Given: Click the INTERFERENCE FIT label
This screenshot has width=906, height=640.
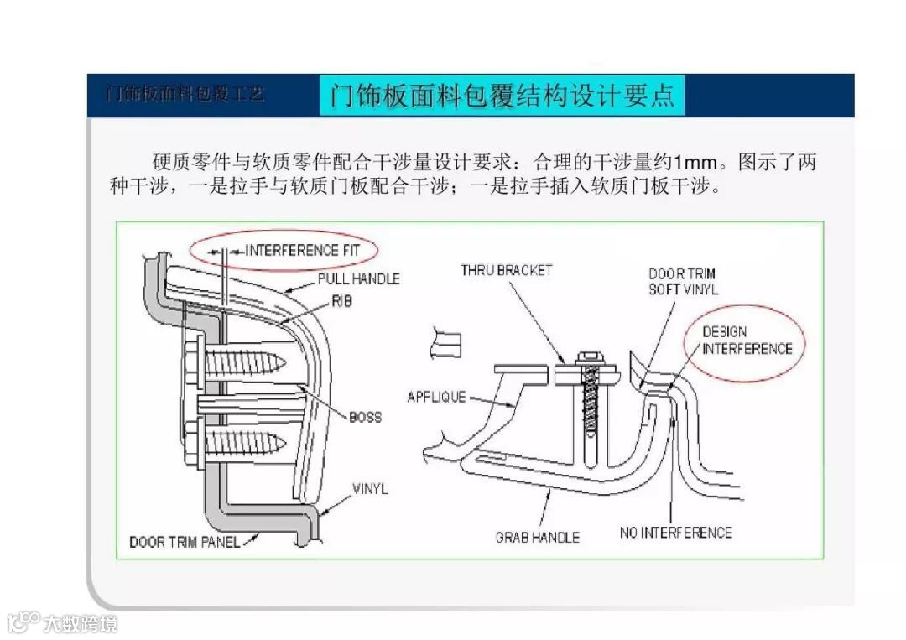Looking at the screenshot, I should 303,250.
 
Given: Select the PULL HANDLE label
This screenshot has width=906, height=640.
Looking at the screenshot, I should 358,278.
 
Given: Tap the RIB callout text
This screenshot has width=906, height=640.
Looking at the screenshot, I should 341,301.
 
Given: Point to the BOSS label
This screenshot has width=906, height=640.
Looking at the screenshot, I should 365,417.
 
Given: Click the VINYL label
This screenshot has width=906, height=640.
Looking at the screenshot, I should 370,488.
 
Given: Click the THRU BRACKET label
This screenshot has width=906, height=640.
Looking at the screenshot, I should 506,270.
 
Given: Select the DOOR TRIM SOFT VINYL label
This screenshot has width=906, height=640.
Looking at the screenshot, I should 683,282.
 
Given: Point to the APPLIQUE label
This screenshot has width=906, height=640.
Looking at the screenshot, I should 436,397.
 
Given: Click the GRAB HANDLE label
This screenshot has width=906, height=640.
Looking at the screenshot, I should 537,537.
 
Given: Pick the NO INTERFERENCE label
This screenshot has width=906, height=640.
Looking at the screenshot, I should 675,533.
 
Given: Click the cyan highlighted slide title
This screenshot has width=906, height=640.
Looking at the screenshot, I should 502,96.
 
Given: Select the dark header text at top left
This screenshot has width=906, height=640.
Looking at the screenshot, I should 185,94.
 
